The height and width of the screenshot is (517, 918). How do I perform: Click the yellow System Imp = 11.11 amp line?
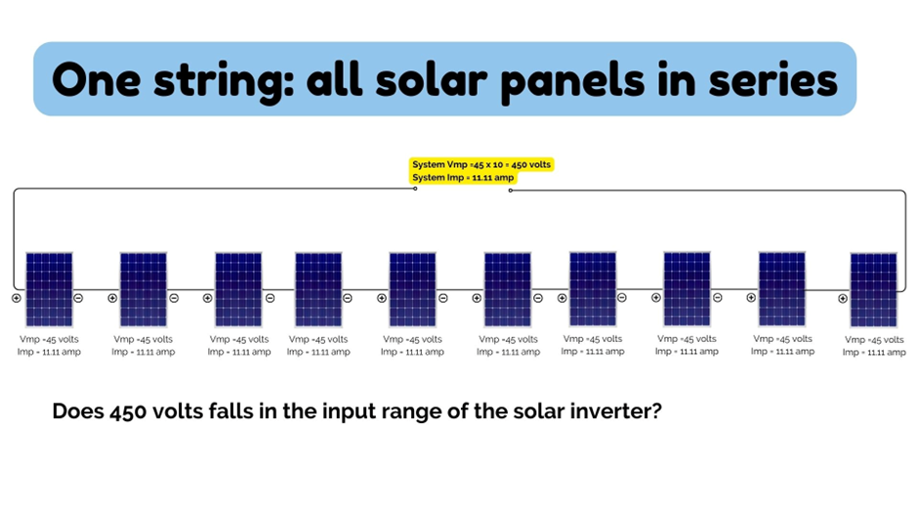click(464, 178)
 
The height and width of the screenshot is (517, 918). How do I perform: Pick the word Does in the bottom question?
click(76, 411)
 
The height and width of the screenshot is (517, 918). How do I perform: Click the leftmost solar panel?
click(49, 289)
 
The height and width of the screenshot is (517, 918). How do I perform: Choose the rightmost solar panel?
click(874, 290)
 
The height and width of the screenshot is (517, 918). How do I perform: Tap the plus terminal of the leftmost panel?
click(17, 298)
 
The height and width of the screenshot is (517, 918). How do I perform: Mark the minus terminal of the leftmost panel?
click(79, 298)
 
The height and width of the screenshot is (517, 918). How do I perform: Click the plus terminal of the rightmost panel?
click(843, 299)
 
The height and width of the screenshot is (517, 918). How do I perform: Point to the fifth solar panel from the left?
click(412, 289)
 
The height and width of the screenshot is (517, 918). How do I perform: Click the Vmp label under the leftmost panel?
click(48, 339)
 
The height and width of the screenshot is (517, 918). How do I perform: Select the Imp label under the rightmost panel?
click(874, 352)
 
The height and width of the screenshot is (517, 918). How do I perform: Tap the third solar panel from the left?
click(238, 289)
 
